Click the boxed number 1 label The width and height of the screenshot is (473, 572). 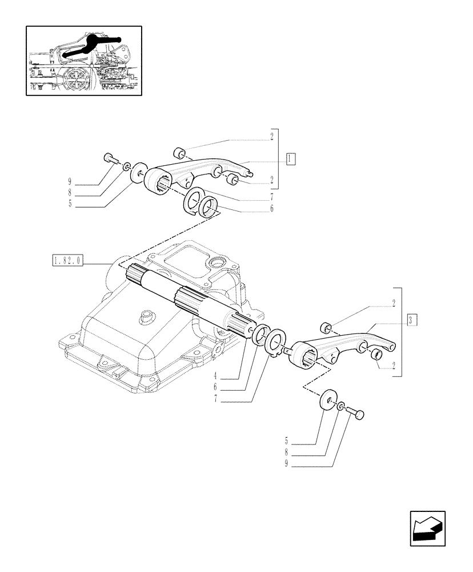click(291, 159)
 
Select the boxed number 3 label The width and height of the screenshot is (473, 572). click(412, 320)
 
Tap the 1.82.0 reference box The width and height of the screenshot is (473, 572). click(67, 261)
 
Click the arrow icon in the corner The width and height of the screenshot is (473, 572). click(426, 529)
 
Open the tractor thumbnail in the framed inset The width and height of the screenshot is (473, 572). click(84, 60)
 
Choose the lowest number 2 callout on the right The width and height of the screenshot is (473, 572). click(394, 366)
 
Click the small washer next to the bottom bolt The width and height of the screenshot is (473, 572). click(341, 407)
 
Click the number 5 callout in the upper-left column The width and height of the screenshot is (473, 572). click(70, 202)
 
